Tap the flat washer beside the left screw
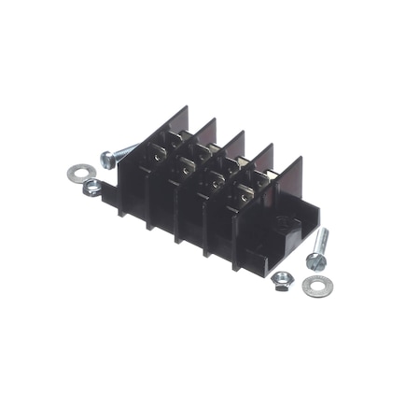pyautogui.click(x=75, y=173)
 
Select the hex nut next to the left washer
pyautogui.click(x=91, y=189)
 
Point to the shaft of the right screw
pyautogui.click(x=322, y=242)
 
